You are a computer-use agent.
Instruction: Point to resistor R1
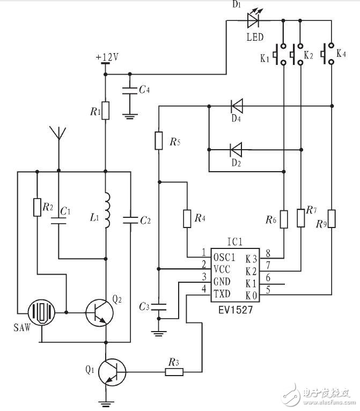[x=105, y=110]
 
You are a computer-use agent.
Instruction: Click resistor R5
[x=159, y=141]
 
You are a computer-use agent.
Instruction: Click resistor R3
[x=173, y=371]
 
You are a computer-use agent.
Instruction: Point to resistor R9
[x=332, y=219]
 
